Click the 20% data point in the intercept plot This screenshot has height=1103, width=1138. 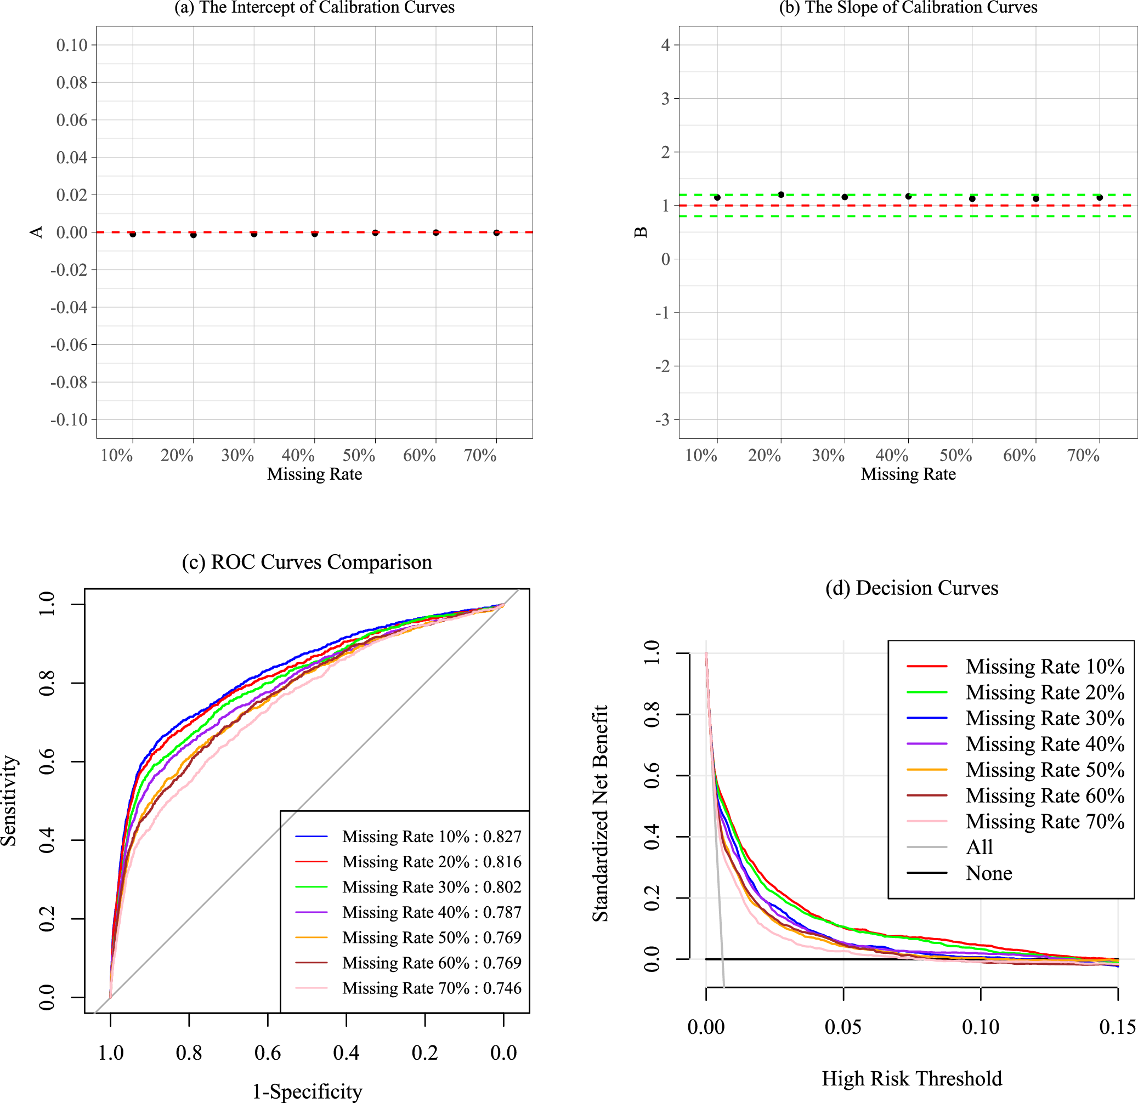tap(194, 235)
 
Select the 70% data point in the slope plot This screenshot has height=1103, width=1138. tap(1099, 197)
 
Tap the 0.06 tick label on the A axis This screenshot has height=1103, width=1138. tap(71, 120)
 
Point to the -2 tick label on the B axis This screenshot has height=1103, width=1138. tap(662, 366)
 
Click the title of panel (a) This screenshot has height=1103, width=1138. tap(314, 8)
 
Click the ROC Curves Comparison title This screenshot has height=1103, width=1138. tap(307, 562)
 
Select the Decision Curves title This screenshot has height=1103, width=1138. tap(911, 588)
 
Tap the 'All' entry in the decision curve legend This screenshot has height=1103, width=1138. tap(980, 847)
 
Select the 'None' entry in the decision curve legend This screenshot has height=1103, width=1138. tap(989, 873)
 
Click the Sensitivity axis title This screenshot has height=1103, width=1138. tap(9, 800)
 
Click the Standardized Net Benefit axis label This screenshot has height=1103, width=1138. tap(600, 814)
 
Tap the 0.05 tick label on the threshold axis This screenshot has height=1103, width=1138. tap(843, 1027)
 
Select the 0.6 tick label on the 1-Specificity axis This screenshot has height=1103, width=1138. tap(267, 1053)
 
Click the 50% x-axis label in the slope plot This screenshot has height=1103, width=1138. tap(956, 455)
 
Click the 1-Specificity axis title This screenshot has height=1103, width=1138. tap(307, 1092)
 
